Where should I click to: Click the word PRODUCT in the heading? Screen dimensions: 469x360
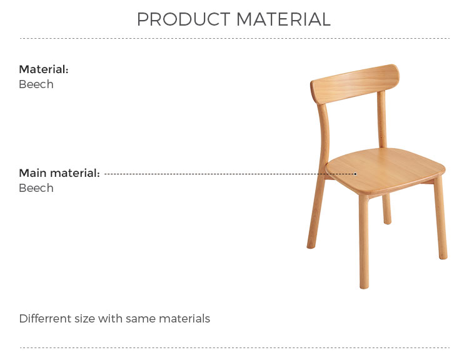tap(184, 19)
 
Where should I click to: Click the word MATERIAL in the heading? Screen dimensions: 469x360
tap(283, 19)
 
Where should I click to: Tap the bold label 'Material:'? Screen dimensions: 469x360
tap(44, 69)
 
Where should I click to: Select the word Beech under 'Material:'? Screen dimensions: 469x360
tap(36, 84)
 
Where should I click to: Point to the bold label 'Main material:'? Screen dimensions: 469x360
tap(59, 173)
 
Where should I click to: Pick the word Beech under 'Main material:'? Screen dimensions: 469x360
tap(36, 188)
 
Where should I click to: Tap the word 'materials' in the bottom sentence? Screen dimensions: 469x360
tap(184, 319)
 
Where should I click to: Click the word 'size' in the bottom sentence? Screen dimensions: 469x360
tap(85, 319)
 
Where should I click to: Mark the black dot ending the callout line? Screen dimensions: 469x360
tap(355, 174)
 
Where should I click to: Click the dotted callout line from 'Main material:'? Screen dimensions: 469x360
tap(229, 174)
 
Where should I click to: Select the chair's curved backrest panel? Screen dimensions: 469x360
tap(355, 84)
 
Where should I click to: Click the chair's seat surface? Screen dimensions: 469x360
tap(385, 170)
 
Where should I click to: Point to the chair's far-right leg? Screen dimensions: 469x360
tap(441, 217)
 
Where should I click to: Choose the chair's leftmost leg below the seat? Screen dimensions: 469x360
tap(316, 212)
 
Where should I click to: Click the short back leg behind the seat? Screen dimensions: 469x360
tap(386, 209)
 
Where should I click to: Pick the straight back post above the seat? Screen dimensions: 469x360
tap(381, 119)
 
